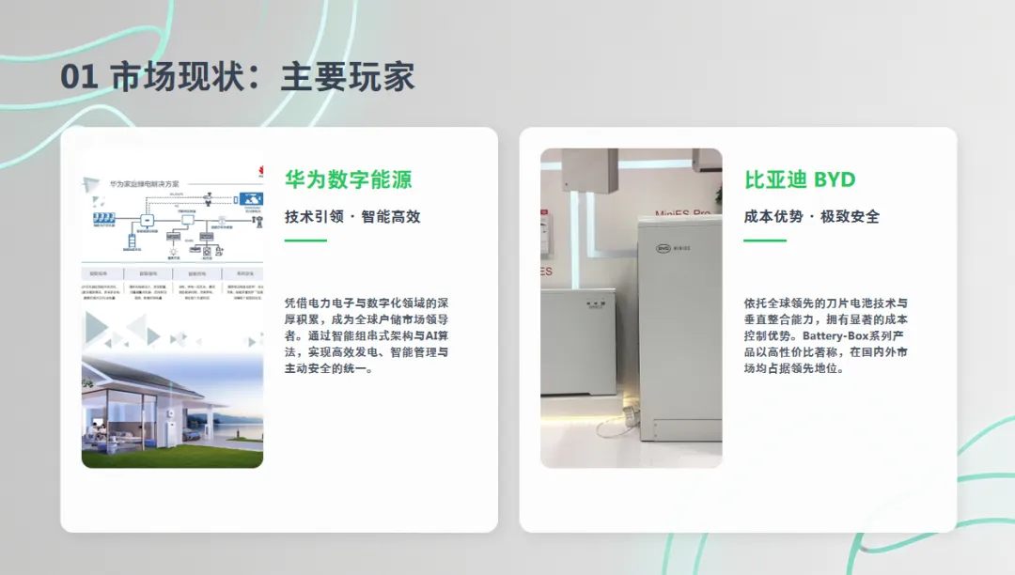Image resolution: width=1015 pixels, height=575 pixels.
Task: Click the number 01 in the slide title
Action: (x=79, y=77)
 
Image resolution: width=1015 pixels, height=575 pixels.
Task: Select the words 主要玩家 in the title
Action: (x=348, y=77)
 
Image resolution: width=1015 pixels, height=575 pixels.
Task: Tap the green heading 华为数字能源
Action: (x=349, y=179)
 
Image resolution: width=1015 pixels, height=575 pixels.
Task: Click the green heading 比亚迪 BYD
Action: (x=800, y=179)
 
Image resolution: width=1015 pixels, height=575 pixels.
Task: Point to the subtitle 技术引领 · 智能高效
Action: (x=352, y=216)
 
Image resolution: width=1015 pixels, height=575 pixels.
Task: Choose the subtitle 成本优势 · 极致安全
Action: (x=812, y=216)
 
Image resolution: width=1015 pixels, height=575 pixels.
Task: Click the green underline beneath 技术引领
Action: (x=305, y=241)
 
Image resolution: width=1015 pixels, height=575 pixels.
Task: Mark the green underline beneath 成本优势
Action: (x=764, y=241)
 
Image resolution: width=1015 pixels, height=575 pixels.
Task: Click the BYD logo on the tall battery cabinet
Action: (x=661, y=249)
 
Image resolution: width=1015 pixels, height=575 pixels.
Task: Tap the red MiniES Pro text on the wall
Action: (x=684, y=212)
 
